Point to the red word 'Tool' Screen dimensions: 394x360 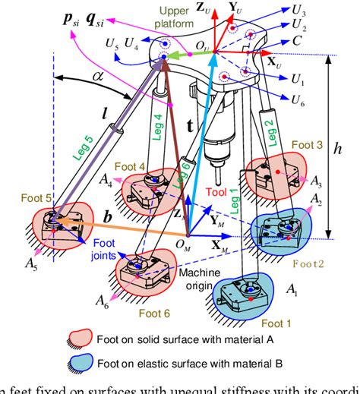215,193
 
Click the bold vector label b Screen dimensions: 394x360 109,218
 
